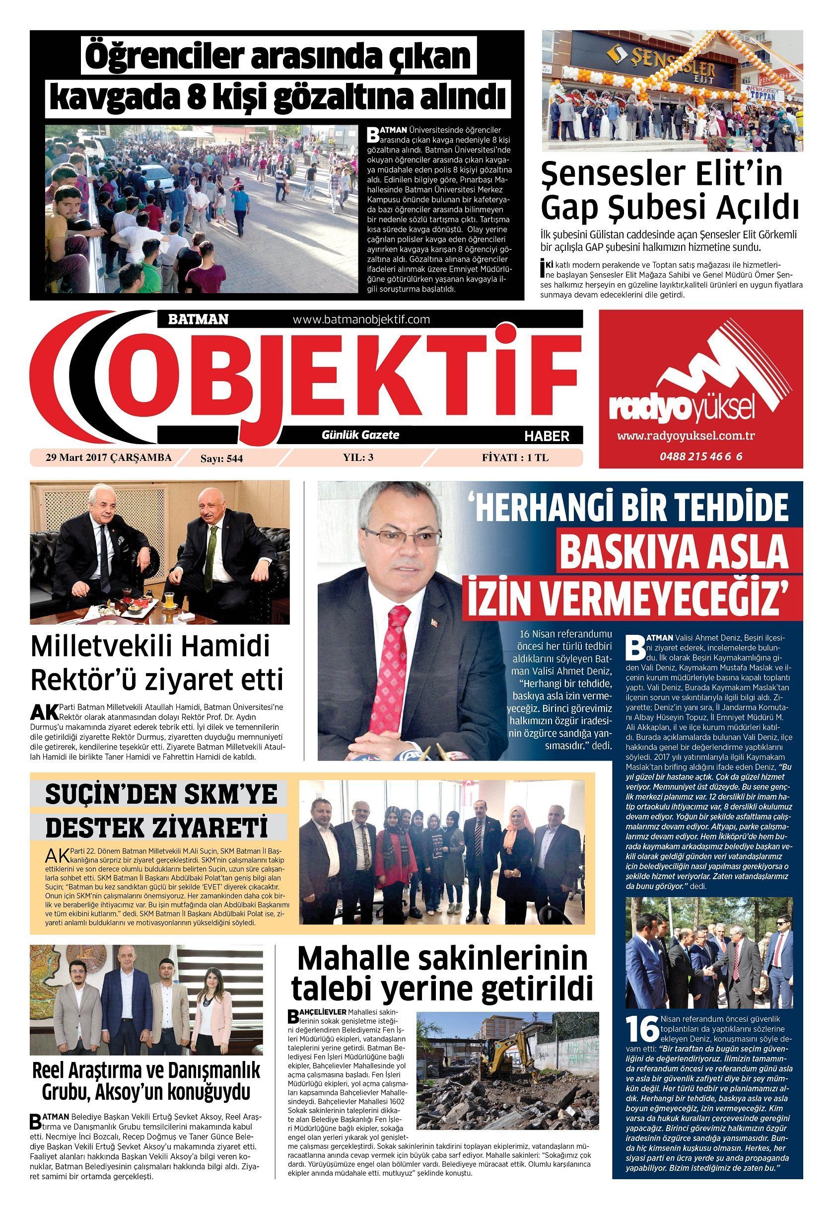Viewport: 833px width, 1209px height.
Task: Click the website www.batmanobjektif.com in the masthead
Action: tap(361, 319)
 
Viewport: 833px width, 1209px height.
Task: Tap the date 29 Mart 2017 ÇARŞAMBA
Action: tap(109, 457)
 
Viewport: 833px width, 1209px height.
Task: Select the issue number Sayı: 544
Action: tap(222, 458)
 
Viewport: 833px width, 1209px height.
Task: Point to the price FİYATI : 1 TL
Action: tap(515, 457)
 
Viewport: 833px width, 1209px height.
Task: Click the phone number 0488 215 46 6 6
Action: tap(700, 456)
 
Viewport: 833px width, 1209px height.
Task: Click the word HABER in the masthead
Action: tap(547, 436)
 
